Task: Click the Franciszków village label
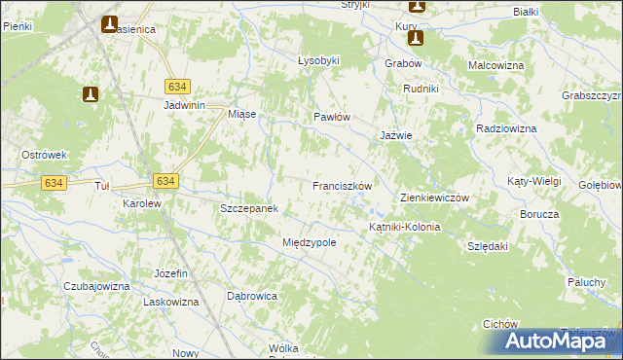click(343, 185)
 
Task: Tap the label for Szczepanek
click(250, 209)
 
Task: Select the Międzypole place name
click(309, 242)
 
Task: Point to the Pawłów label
click(331, 117)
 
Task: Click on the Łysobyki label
click(318, 60)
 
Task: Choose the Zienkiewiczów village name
click(435, 198)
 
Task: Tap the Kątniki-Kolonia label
click(404, 227)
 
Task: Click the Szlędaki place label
click(489, 247)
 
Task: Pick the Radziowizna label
click(507, 128)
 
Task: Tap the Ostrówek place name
click(44, 155)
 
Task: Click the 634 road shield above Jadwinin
click(176, 86)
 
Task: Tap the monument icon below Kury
click(416, 39)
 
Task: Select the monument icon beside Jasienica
click(109, 23)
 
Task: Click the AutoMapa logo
click(558, 341)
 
